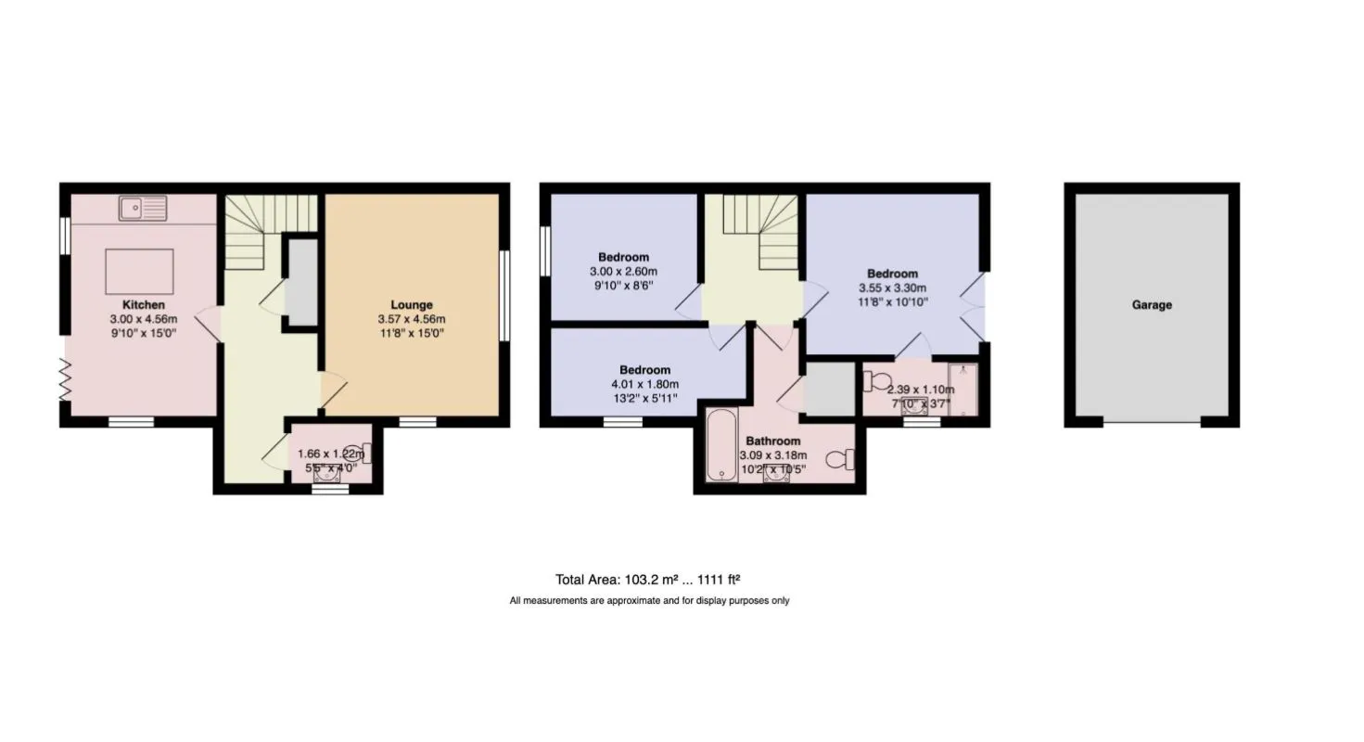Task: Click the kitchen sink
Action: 143,209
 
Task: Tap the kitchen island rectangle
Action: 139,272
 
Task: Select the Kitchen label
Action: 144,304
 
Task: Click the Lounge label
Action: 412,304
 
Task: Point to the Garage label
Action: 1152,304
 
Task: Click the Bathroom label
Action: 773,441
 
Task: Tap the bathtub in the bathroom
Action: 722,445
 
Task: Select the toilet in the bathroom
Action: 840,459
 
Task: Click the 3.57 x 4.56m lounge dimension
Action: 412,319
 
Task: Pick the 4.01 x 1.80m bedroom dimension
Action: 644,384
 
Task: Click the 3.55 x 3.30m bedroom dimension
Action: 893,288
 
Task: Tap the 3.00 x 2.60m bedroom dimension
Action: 623,272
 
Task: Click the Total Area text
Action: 648,580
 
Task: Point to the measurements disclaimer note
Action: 650,601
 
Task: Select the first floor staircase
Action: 760,232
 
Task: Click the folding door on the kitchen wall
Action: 65,379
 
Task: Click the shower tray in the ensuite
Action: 962,390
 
